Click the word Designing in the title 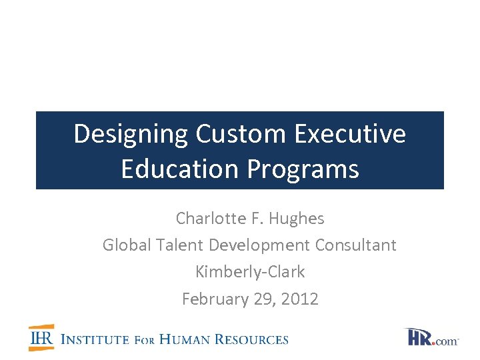pyautogui.click(x=131, y=134)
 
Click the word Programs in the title pyautogui.click(x=303, y=169)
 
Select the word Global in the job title pyautogui.click(x=127, y=245)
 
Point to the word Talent pyautogui.click(x=180, y=245)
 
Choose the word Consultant pyautogui.click(x=356, y=245)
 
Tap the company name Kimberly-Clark pyautogui.click(x=250, y=272)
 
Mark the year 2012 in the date pyautogui.click(x=299, y=299)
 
